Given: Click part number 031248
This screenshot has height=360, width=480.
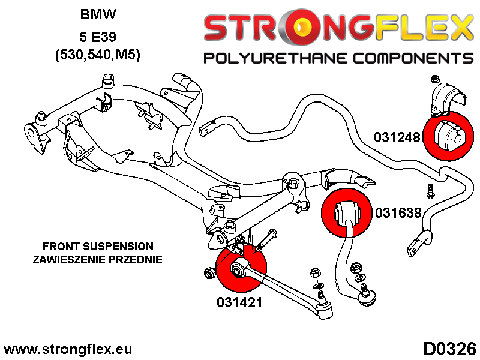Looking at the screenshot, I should coord(398,137).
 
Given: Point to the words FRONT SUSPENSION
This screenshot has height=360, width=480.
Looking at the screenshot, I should coord(98,247).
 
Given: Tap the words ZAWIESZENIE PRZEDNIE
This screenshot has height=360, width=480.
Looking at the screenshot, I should coord(98,259).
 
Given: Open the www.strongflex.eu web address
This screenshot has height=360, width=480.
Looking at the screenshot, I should coord(68,349).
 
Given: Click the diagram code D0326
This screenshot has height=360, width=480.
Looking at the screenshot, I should coord(449,349).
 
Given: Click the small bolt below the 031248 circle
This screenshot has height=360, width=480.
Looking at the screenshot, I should coord(430,191).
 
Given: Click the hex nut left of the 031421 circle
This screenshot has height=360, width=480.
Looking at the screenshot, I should coord(209,271).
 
